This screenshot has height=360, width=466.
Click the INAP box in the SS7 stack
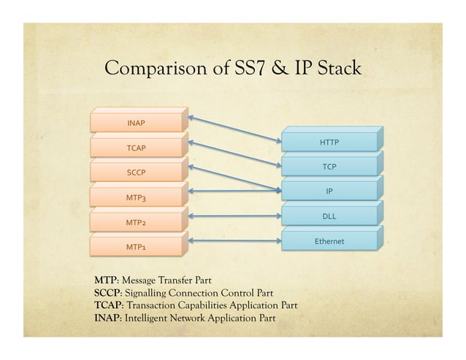pos(135,123)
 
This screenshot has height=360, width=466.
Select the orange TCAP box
pos(135,148)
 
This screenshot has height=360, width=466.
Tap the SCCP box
pos(135,173)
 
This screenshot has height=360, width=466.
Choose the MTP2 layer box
pos(135,222)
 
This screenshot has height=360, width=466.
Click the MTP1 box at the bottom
pos(135,247)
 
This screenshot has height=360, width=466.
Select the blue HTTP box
pos(329,142)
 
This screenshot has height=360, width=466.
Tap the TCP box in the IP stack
pos(329,167)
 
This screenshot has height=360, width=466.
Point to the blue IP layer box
pos(329,191)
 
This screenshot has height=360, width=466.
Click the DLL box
pos(329,216)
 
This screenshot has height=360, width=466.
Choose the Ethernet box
pos(329,241)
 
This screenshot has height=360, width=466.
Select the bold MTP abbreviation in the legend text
pos(106,280)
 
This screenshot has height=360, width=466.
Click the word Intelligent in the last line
pos(150,318)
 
